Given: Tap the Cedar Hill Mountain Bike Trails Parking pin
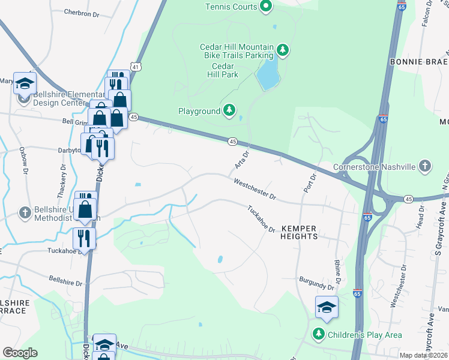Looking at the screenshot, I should (x=283, y=51).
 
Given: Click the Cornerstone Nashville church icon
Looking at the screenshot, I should (x=424, y=166).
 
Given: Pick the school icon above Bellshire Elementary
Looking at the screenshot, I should (x=25, y=83).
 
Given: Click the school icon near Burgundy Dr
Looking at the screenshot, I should (x=327, y=307).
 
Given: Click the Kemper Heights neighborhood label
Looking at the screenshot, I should (x=298, y=233).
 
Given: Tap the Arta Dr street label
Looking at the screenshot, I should (x=242, y=160).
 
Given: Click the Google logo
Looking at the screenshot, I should (x=20, y=353).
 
